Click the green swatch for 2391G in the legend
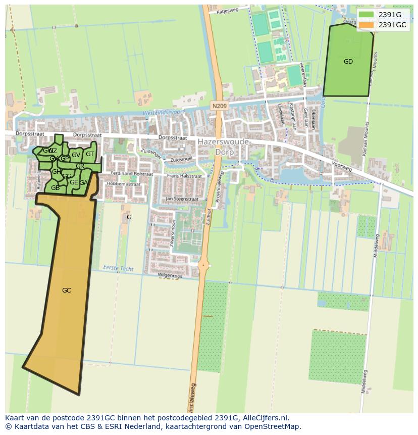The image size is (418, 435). click(x=367, y=15)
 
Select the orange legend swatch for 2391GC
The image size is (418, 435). click(x=367, y=25)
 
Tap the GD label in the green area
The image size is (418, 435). click(x=348, y=62)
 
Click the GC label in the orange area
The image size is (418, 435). click(x=66, y=291)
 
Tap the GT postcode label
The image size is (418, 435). click(x=90, y=154)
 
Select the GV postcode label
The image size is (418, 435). click(x=76, y=155)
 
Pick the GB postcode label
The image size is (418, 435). click(x=55, y=188)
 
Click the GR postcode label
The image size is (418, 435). click(x=80, y=166)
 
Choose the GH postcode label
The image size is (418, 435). click(x=57, y=172)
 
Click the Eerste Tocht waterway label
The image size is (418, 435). click(x=118, y=268)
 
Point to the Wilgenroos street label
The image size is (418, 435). click(x=169, y=276)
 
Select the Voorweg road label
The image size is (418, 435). click(x=341, y=166)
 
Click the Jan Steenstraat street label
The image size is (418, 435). click(x=182, y=200)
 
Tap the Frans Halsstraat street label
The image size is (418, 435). click(x=184, y=176)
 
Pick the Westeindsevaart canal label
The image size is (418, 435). click(x=164, y=112)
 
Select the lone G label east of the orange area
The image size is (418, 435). click(x=129, y=217)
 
